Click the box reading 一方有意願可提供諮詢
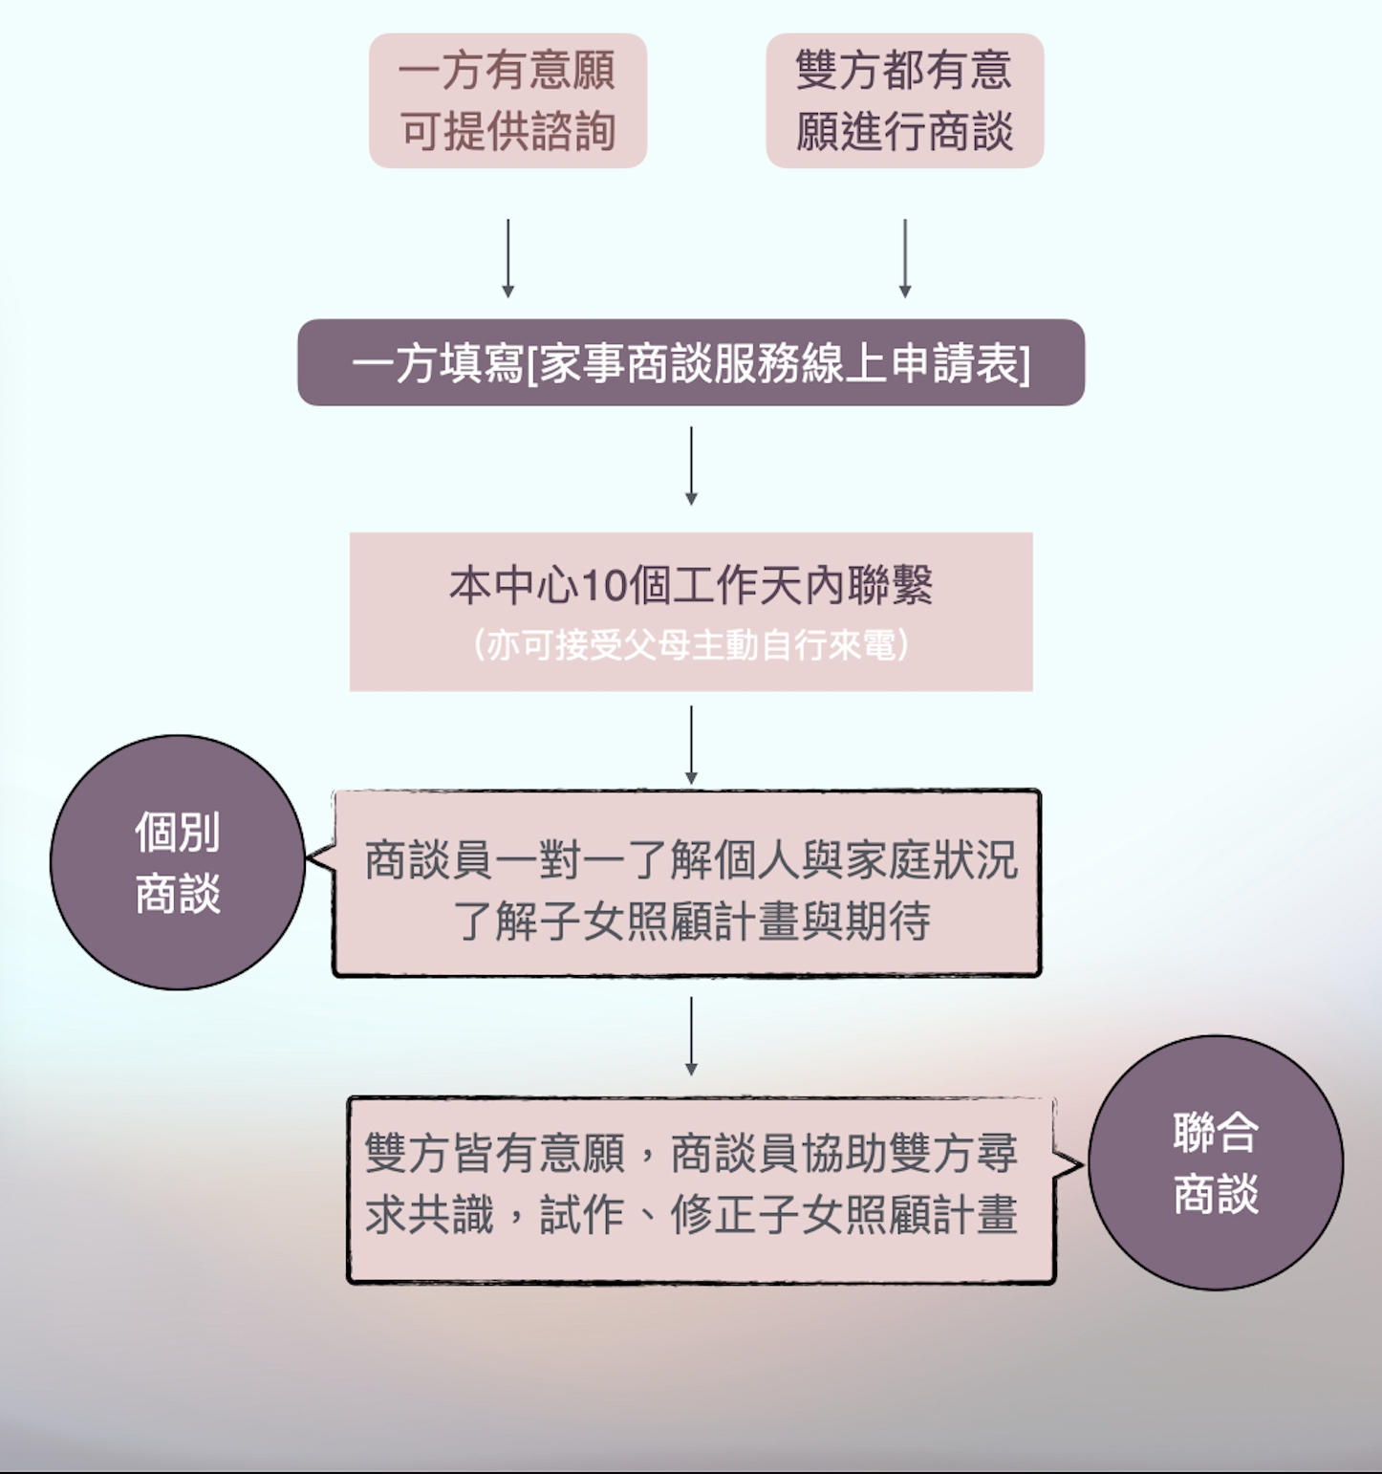tap(507, 100)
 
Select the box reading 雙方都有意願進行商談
tap(904, 100)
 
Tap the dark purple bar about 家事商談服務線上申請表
tap(691, 362)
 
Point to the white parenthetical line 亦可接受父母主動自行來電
tap(691, 645)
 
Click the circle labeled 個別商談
tap(178, 862)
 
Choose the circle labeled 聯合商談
tap(1216, 1163)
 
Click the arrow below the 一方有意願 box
tap(507, 258)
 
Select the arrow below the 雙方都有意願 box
tap(904, 258)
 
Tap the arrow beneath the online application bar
tap(691, 466)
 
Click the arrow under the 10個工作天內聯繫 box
tap(691, 746)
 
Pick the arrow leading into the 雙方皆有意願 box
tap(691, 1036)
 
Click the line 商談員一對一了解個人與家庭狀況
tap(691, 860)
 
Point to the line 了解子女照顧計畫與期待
tap(691, 921)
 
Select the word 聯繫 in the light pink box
tap(890, 585)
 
